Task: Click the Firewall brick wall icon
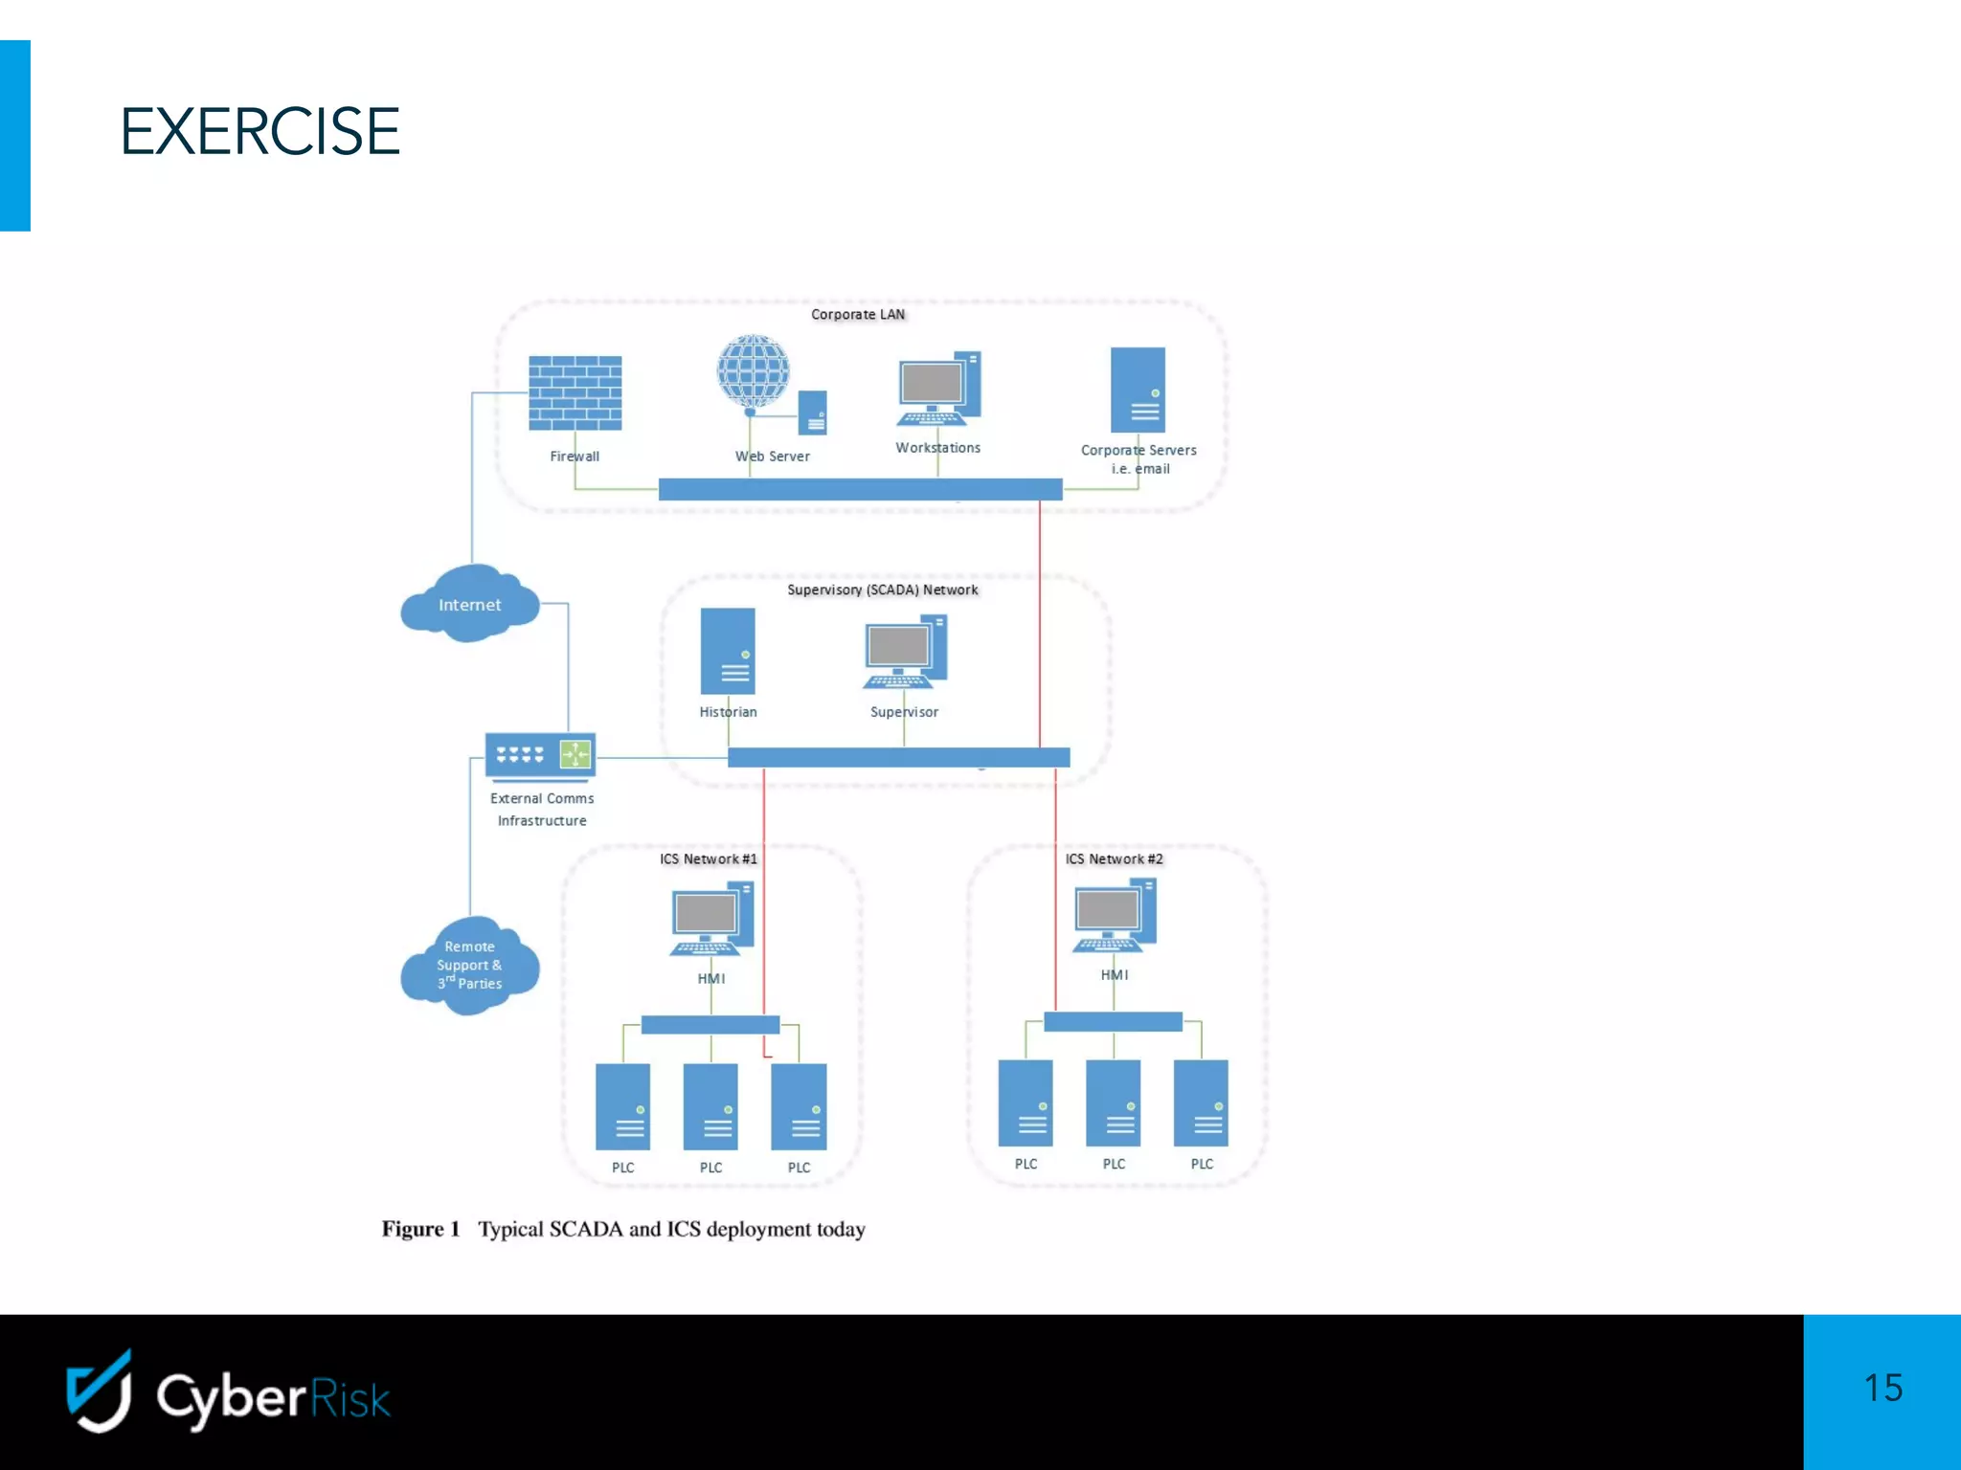[575, 393]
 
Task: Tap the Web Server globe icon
[754, 372]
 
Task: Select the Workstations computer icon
[938, 390]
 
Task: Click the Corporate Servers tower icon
[1138, 390]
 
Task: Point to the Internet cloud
[469, 604]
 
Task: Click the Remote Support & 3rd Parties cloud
[469, 965]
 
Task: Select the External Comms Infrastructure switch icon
[540, 756]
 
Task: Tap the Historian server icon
[728, 651]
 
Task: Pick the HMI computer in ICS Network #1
[711, 920]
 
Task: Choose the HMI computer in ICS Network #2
[1114, 916]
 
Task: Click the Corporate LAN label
[857, 314]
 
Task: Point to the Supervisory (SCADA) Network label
[882, 590]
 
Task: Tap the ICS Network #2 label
[1114, 858]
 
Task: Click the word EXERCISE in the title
[259, 131]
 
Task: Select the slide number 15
[1882, 1388]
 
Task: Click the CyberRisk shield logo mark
[100, 1392]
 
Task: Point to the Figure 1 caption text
[623, 1229]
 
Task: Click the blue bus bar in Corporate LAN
[860, 489]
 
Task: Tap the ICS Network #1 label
[708, 858]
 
